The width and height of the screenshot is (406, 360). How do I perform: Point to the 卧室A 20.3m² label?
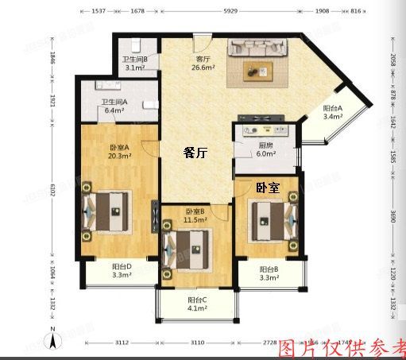(x=119, y=151)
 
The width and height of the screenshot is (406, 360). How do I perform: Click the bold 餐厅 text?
(x=195, y=153)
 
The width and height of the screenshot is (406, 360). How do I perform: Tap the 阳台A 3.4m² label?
(x=332, y=112)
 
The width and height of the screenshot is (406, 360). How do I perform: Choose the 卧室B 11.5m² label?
(x=195, y=215)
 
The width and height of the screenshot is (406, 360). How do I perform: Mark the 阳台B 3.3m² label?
(x=269, y=273)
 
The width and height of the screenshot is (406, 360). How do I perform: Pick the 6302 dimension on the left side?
(x=52, y=190)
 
